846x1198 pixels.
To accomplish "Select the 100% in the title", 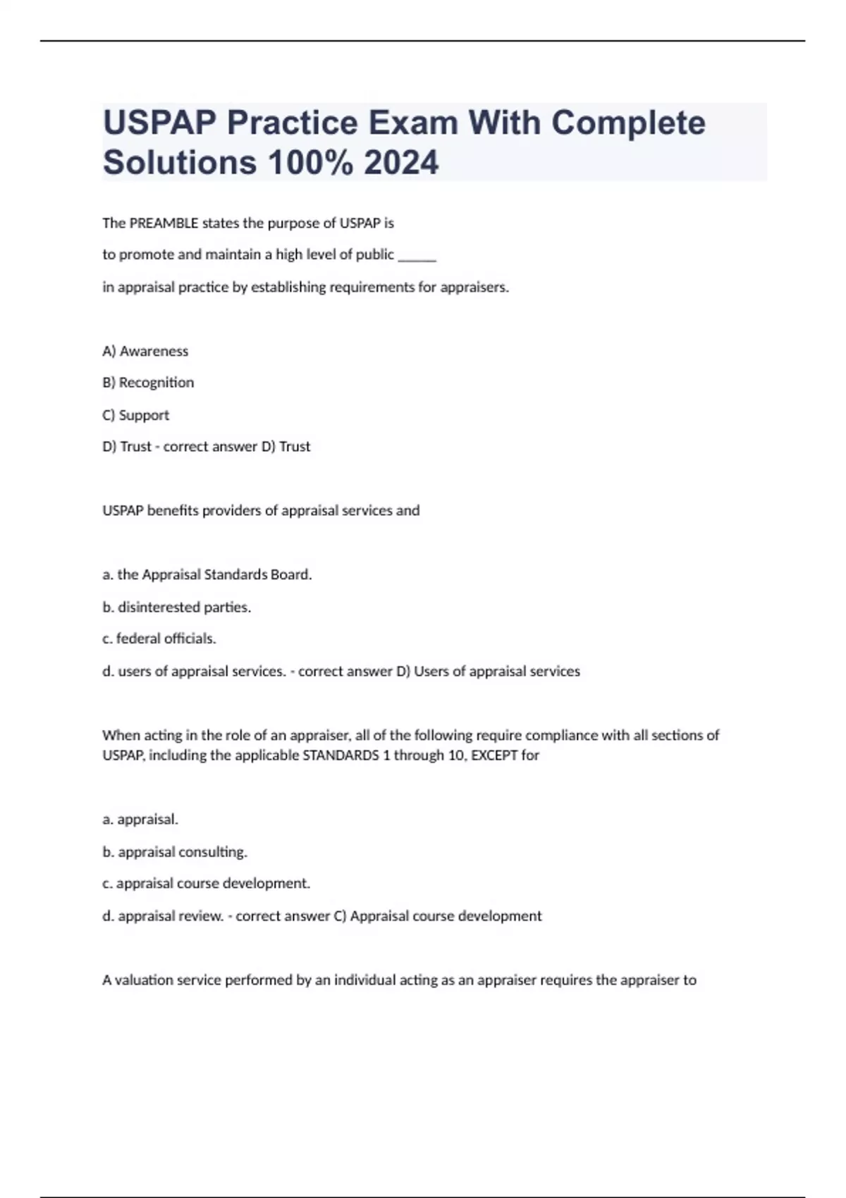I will [310, 162].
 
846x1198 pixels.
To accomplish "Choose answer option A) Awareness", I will [145, 351].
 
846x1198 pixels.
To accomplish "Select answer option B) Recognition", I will [148, 383].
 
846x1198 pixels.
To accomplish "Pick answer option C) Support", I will [136, 415].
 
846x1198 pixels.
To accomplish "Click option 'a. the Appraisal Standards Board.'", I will [207, 575].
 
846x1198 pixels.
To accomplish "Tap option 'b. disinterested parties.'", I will [177, 607].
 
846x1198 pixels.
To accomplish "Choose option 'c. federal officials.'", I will [159, 638].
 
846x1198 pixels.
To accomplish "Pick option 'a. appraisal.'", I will [140, 820].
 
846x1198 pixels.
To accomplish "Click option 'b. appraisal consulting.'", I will [175, 852].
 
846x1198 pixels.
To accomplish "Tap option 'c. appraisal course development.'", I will [207, 884].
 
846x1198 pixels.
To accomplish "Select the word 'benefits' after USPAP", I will [173, 511].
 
